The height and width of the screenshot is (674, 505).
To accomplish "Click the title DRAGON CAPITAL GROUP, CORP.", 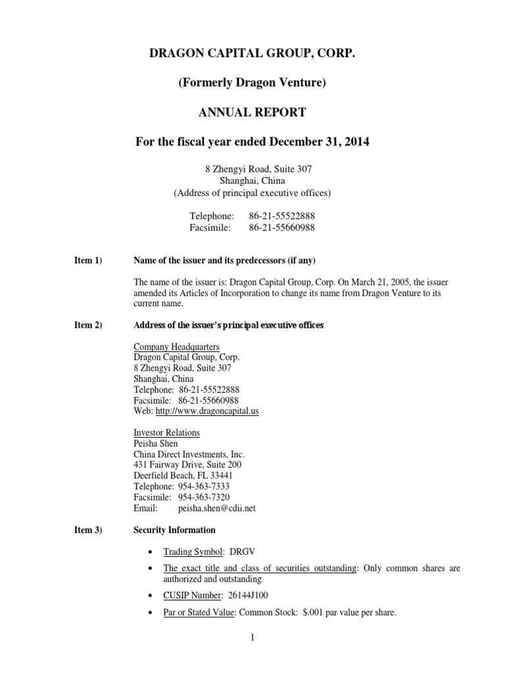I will coord(252,52).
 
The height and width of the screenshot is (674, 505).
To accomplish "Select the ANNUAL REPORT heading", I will coord(252,113).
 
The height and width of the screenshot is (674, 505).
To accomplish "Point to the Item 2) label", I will coord(88,325).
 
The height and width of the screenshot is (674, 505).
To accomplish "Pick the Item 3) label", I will coord(88,530).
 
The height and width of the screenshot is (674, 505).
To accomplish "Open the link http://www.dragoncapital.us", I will coord(212,411).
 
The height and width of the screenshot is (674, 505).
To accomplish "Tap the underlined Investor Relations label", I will coord(167,432).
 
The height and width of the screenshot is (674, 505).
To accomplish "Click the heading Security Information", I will coord(174,530).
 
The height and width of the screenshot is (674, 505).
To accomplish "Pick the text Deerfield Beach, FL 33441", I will coord(183,476).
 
